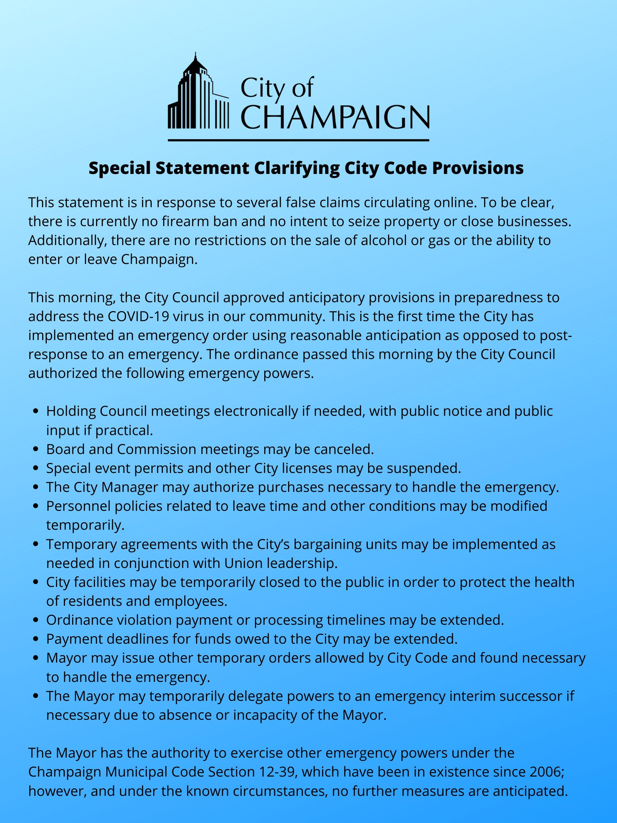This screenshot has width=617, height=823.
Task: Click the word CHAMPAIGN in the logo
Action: coord(336,116)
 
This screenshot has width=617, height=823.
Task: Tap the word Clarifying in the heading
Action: coord(297,168)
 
